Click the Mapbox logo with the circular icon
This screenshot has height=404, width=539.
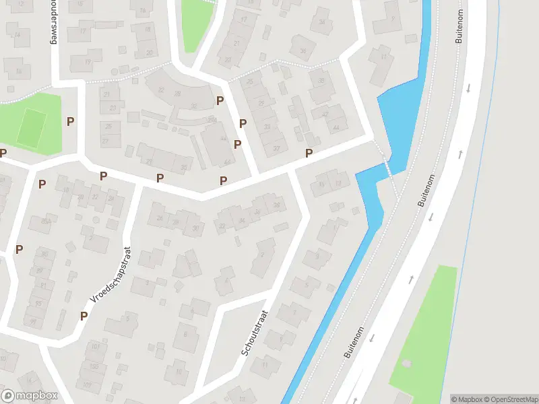tap(30, 396)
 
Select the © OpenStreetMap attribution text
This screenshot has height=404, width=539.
tap(511, 399)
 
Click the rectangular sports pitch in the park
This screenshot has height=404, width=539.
tap(32, 127)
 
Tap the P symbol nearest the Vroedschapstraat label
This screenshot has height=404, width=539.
tap(84, 315)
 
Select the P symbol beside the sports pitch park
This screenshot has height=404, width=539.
tap(70, 121)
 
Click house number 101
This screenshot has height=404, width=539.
tap(95, 347)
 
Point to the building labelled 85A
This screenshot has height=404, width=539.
tap(45, 221)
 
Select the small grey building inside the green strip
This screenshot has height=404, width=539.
tap(406, 364)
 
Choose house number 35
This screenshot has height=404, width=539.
tap(184, 167)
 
